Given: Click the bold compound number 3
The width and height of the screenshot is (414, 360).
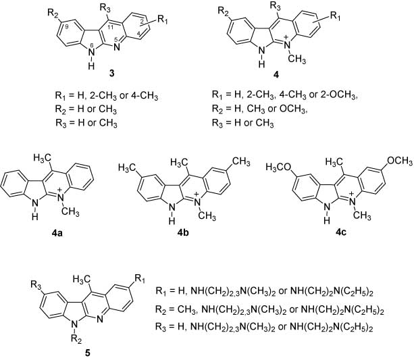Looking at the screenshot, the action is coord(112,74).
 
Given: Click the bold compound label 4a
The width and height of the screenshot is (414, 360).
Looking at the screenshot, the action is coord(57,234).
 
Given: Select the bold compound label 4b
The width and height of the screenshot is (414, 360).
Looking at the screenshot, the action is coord(183,233).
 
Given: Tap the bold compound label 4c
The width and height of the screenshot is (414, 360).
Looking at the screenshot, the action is coord(340,232).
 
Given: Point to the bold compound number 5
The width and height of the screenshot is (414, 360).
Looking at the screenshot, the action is coord(88,353).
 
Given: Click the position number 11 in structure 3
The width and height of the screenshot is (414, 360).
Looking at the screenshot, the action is coord(111,26).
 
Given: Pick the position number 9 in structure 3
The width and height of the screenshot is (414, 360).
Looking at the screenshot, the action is coord(67,26).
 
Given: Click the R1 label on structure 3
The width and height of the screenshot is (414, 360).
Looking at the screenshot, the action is coord(163,20).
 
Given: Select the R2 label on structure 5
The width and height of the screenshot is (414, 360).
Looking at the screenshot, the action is coord(76,338).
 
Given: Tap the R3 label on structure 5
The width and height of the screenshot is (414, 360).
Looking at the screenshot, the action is coord(36,285).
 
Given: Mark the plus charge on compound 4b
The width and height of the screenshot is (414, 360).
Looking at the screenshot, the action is coord(197,195).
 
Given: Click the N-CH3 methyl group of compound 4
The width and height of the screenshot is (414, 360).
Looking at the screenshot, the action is coord(297,59).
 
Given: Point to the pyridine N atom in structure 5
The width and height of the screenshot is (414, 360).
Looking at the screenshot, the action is coord(99,320).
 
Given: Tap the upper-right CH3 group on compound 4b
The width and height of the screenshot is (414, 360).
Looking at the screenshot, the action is coord(241,161).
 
